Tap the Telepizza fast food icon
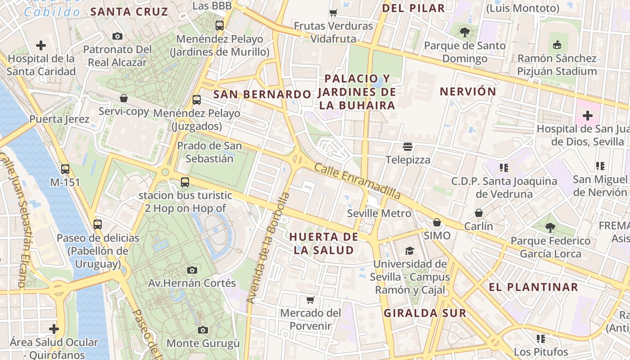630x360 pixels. click(x=408, y=147)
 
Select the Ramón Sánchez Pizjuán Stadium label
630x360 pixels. click(x=557, y=65)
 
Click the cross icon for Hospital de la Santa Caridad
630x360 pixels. click(x=41, y=45)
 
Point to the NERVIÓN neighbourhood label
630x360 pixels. click(x=468, y=92)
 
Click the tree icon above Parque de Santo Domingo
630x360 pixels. click(x=465, y=32)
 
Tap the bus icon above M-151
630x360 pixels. click(x=65, y=169)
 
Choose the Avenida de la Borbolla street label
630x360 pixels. click(x=266, y=247)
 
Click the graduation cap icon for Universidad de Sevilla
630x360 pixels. click(x=409, y=251)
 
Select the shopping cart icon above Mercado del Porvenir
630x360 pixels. click(x=310, y=300)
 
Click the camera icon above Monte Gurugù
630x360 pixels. click(x=203, y=330)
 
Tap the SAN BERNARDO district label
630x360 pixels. click(x=262, y=94)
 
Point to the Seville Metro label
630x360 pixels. click(x=379, y=213)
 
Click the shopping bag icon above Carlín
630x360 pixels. click(x=478, y=213)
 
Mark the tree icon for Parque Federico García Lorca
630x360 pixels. click(x=550, y=228)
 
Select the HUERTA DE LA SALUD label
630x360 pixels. click(x=324, y=243)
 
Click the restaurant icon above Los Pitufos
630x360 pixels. click(x=540, y=338)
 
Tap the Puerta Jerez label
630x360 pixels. click(x=59, y=119)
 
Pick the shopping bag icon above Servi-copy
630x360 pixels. click(x=124, y=98)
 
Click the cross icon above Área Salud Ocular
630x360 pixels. click(x=54, y=329)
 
